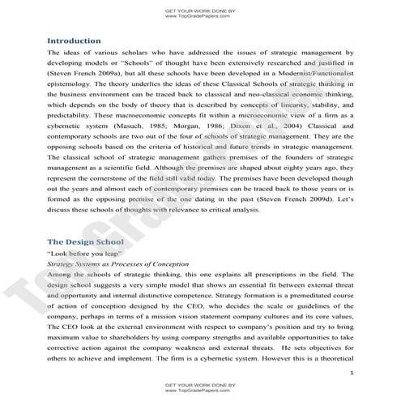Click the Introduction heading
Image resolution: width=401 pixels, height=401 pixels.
(x=74, y=41)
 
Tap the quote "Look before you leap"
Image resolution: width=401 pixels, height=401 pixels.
(x=80, y=254)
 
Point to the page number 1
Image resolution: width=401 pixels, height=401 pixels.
(x=348, y=372)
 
